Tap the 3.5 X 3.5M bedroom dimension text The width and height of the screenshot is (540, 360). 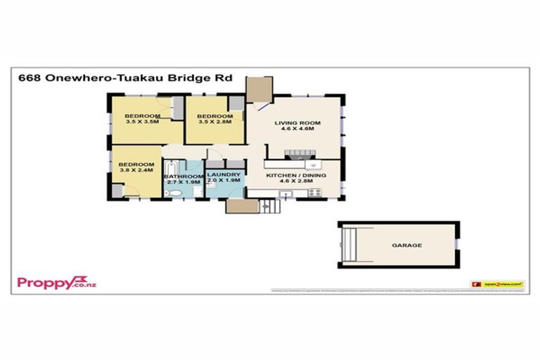pyautogui.click(x=142, y=122)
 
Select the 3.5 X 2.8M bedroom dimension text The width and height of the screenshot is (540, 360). pyautogui.click(x=214, y=122)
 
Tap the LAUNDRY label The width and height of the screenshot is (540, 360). pyautogui.click(x=224, y=174)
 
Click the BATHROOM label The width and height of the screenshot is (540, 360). pyautogui.click(x=183, y=176)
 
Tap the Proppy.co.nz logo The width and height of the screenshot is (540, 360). pyautogui.click(x=56, y=283)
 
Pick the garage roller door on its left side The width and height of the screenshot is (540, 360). pyautogui.click(x=347, y=245)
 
